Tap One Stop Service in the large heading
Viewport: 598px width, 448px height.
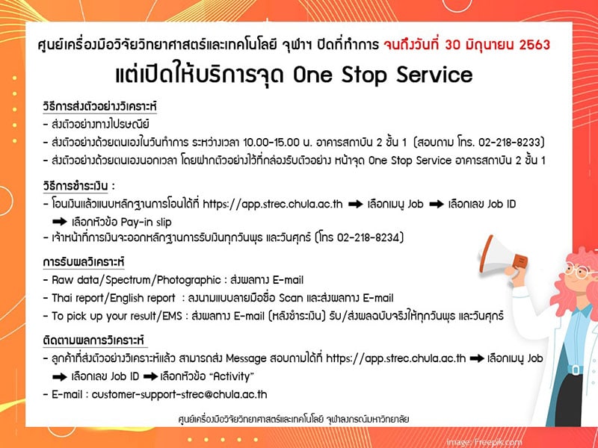click(383, 75)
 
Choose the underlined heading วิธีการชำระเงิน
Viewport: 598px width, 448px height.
click(75, 186)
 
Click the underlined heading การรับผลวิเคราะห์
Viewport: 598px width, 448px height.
click(84, 262)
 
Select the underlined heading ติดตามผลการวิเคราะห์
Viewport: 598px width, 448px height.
click(94, 340)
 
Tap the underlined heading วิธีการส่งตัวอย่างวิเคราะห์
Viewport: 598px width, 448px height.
click(99, 106)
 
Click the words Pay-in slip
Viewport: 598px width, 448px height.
click(146, 222)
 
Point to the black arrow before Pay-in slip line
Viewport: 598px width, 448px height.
click(60, 222)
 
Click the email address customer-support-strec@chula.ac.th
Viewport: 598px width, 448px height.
click(179, 394)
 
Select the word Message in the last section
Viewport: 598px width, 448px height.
click(246, 359)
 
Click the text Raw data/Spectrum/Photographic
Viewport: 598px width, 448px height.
click(137, 281)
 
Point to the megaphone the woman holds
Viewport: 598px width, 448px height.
click(502, 256)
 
